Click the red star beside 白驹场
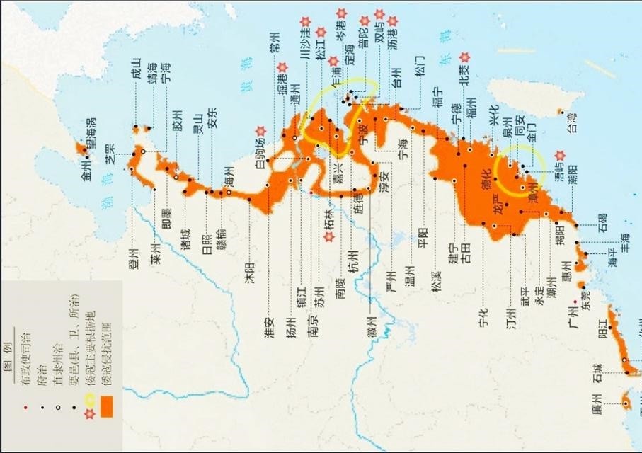click(260, 131)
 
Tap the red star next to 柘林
click(328, 237)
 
